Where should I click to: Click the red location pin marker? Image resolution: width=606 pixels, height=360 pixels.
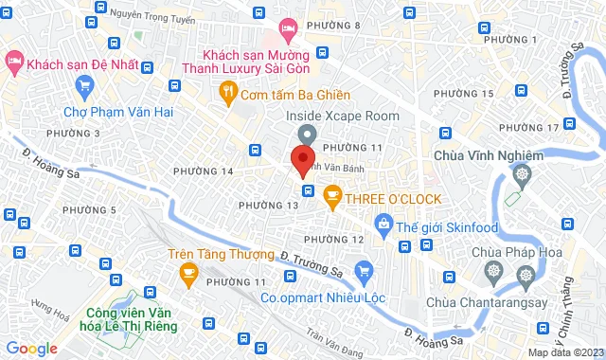click(303, 159)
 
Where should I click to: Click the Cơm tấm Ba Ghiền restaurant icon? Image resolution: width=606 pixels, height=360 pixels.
click(227, 93)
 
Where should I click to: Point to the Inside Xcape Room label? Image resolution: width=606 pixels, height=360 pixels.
click(343, 115)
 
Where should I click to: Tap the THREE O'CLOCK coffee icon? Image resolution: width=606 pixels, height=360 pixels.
click(331, 197)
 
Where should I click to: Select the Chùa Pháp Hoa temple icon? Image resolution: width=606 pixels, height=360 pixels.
click(492, 272)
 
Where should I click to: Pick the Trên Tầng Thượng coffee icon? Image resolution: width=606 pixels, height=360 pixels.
click(187, 274)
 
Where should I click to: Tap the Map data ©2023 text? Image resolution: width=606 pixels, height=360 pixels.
click(564, 352)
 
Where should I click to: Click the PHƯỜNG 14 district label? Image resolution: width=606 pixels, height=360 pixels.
click(203, 171)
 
